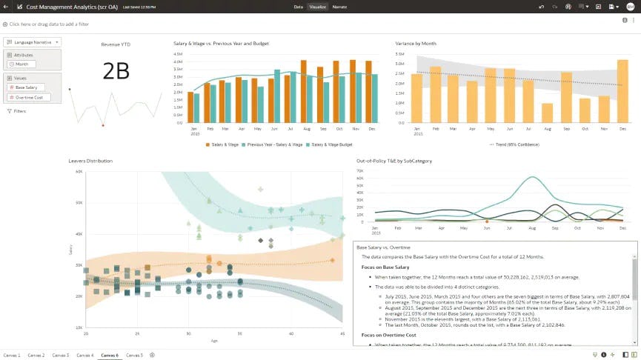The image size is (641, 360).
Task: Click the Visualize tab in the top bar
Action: pyautogui.click(x=318, y=6)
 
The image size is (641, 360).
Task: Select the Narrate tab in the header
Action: pyautogui.click(x=339, y=6)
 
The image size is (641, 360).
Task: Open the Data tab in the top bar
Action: pyautogui.click(x=298, y=6)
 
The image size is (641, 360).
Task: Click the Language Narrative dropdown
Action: pyautogui.click(x=33, y=42)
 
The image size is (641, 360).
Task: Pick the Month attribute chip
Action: pyautogui.click(x=21, y=64)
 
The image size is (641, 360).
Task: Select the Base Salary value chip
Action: pyautogui.click(x=26, y=87)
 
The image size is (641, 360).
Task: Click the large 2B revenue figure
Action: pyautogui.click(x=116, y=70)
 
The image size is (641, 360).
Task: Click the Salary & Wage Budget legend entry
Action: pyautogui.click(x=331, y=144)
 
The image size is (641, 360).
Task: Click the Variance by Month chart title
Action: pyautogui.click(x=416, y=44)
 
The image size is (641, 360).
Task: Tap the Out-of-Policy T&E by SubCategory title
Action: pyautogui.click(x=393, y=160)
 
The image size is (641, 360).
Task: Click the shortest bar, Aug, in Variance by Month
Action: pyautogui.click(x=547, y=113)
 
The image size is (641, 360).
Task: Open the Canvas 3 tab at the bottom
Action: pyautogui.click(x=61, y=355)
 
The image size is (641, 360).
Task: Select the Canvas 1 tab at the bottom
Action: pyautogui.click(x=13, y=355)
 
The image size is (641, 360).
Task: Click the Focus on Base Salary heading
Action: pyautogui.click(x=385, y=267)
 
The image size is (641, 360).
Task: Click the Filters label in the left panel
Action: pyautogui.click(x=19, y=110)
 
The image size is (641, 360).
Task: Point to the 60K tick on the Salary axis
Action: pyautogui.click(x=79, y=172)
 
